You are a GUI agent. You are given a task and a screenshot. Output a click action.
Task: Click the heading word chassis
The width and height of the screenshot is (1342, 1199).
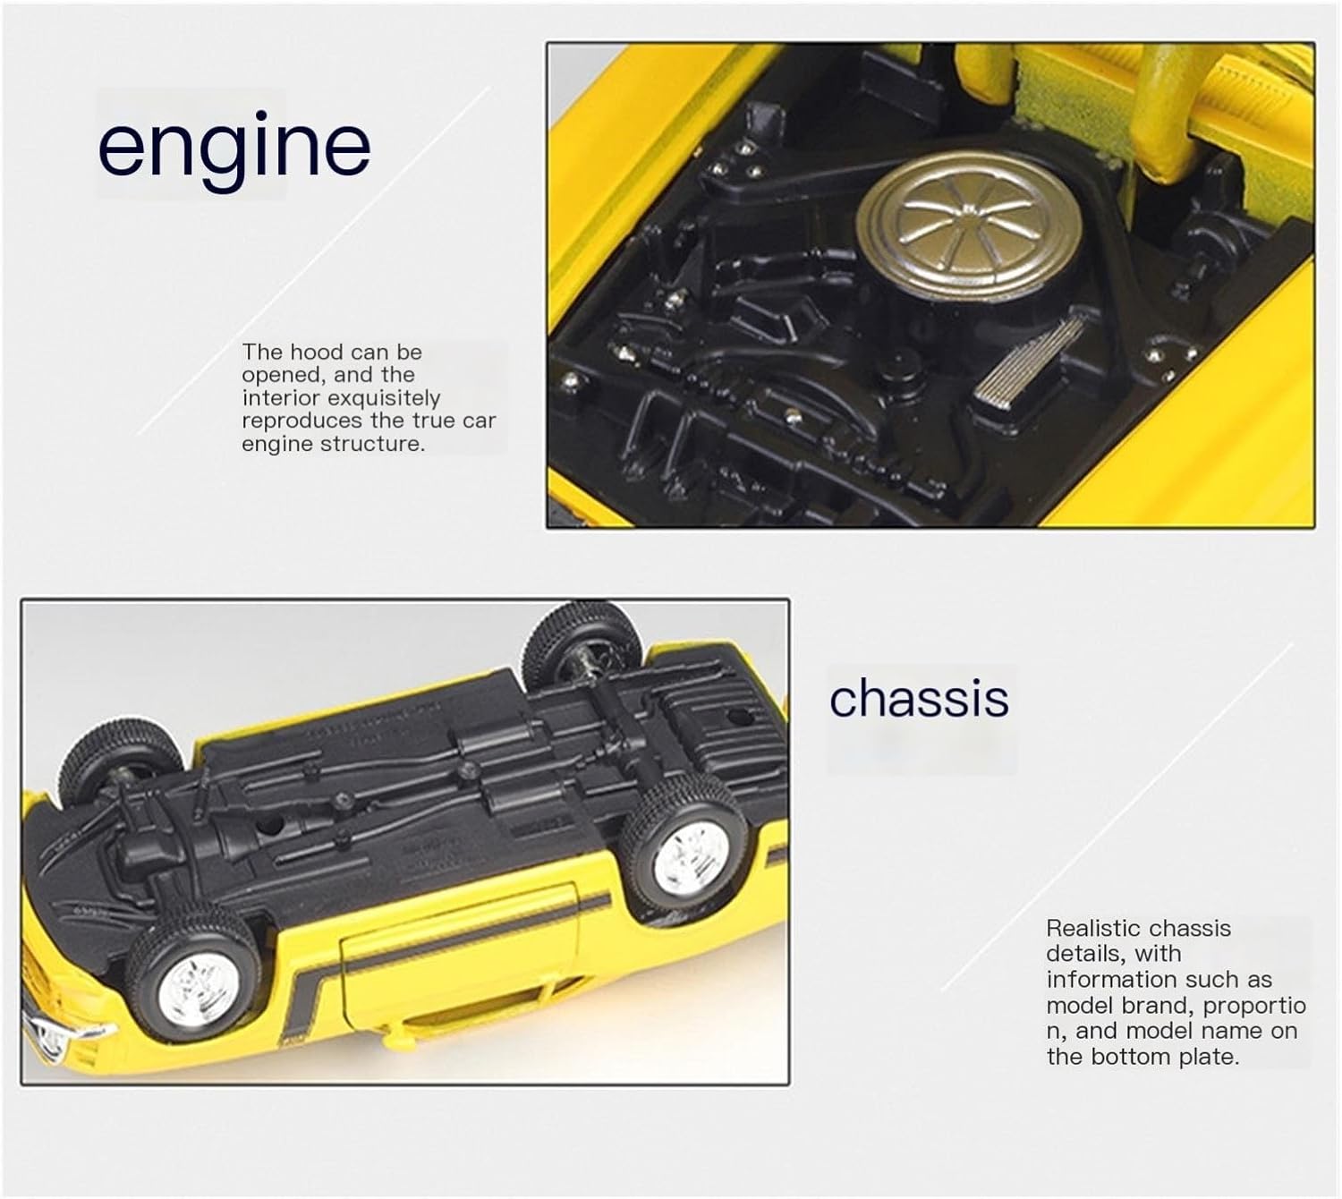click(x=919, y=698)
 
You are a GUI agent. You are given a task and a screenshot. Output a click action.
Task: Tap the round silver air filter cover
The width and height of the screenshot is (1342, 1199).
click(x=969, y=223)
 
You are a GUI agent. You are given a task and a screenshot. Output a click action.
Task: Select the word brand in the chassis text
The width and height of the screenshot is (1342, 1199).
click(x=1159, y=1006)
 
